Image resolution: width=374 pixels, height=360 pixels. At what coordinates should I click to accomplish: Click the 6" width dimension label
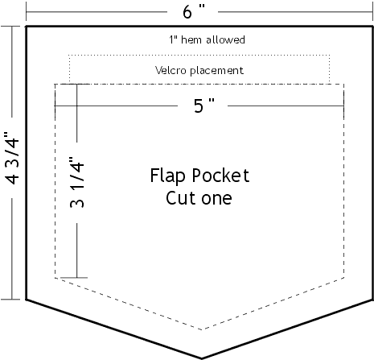[194, 12]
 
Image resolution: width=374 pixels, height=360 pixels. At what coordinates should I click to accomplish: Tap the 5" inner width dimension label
[204, 106]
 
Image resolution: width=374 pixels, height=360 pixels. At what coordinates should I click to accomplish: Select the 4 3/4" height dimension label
[13, 158]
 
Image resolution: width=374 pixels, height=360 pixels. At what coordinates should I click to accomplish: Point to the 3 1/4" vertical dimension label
[77, 183]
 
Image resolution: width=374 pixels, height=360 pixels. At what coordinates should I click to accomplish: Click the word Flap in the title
[167, 176]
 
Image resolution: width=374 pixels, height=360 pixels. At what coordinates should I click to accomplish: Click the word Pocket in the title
[220, 176]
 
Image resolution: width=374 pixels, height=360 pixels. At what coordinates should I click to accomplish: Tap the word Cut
[181, 198]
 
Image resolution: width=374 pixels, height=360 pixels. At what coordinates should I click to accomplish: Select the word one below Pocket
[216, 199]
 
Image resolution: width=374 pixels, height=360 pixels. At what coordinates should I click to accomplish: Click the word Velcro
[171, 70]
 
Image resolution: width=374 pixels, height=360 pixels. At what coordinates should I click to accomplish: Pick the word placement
[216, 71]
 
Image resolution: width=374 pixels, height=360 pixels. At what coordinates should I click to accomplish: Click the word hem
[191, 39]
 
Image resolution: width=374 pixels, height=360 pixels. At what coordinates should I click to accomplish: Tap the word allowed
[225, 39]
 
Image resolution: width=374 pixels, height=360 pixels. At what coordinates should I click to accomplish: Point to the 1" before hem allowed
[174, 39]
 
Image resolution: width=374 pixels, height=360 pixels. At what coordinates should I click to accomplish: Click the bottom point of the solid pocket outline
[202, 358]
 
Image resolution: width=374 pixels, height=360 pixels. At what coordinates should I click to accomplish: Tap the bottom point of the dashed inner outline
[202, 329]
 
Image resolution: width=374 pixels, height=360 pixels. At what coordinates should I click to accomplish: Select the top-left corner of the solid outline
[26, 27]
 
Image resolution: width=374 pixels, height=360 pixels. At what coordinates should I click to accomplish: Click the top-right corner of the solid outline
[372, 27]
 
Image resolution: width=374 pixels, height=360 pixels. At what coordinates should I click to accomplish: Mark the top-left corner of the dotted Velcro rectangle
[69, 56]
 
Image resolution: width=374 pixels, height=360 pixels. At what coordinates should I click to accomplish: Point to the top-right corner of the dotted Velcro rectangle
[330, 56]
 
